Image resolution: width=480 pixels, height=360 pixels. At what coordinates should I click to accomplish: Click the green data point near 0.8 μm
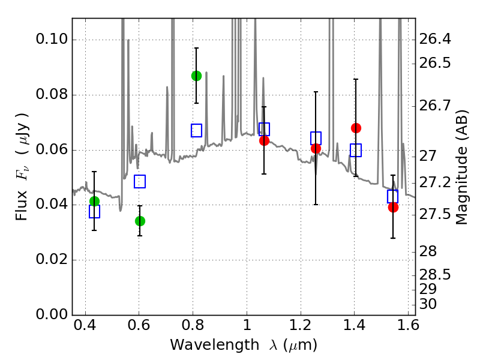tap(196, 76)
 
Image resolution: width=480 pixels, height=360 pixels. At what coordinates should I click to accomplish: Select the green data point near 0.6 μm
tap(140, 221)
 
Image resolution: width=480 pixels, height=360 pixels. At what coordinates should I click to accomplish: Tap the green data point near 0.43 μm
tap(94, 201)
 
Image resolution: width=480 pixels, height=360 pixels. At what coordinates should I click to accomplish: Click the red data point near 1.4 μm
tap(356, 128)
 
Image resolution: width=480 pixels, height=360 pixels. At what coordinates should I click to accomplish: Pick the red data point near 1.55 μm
tap(393, 207)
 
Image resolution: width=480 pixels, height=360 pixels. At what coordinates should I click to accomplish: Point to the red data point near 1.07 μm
tap(264, 140)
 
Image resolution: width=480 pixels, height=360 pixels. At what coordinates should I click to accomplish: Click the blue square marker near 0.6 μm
tap(140, 181)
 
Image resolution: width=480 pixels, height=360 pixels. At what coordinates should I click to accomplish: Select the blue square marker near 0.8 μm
tap(196, 130)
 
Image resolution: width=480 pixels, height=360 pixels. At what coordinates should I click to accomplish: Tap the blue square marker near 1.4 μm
tap(356, 150)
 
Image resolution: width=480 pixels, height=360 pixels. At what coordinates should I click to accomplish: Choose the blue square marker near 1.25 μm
tap(316, 138)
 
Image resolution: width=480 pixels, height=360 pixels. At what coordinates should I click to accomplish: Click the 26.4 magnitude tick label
tap(437, 40)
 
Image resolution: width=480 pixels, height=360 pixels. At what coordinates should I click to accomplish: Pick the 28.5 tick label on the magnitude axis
tap(437, 275)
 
